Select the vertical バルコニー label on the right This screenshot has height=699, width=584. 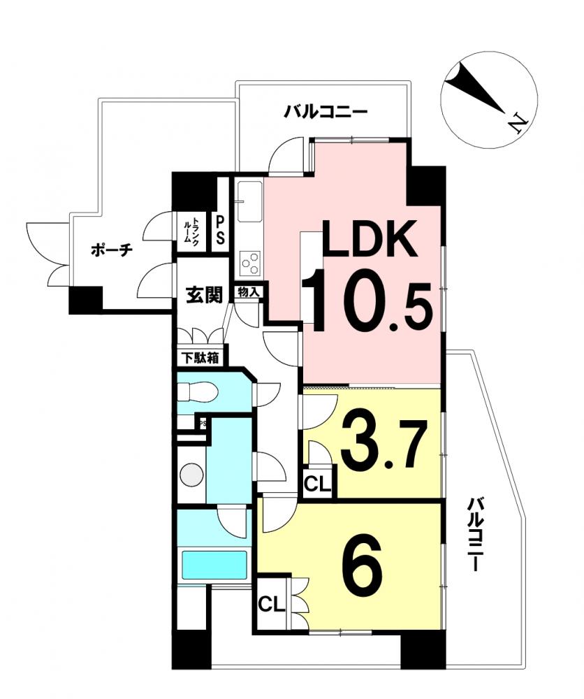[x=474, y=535]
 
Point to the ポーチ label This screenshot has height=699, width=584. [x=112, y=250]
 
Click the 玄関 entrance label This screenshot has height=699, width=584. [x=203, y=295]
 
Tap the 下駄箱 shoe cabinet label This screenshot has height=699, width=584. [x=201, y=357]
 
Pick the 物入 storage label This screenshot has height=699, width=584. [x=249, y=292]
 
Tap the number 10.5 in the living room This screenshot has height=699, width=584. [x=367, y=301]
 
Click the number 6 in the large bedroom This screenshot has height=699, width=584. [x=362, y=562]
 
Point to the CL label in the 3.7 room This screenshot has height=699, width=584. [x=318, y=484]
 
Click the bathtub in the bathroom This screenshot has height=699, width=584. [x=214, y=565]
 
